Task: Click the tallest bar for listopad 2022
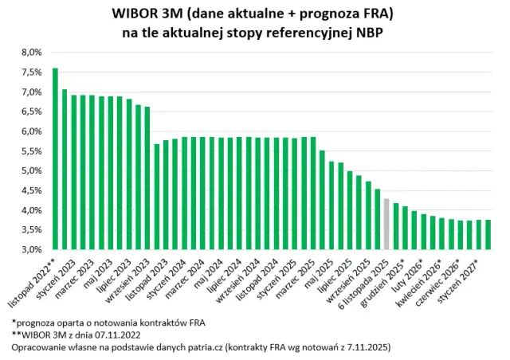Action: [55, 159]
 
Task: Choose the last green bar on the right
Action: [488, 235]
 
